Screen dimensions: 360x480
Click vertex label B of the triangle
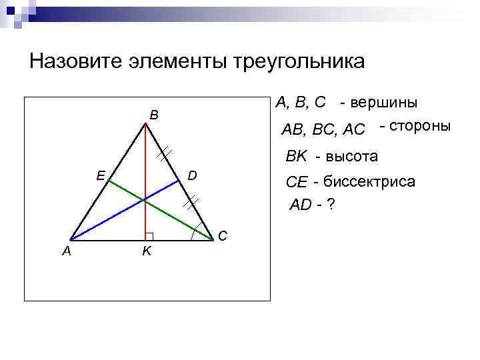point(154,115)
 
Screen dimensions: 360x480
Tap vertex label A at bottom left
point(66,251)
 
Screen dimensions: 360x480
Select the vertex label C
point(223,235)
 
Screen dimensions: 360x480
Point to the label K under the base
point(145,251)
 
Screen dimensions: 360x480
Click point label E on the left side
point(99,175)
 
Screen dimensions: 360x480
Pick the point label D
point(192,175)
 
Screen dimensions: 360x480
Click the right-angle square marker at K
point(149,236)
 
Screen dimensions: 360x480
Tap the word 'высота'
point(347,157)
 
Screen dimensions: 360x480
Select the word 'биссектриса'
point(369,181)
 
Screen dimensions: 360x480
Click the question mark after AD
point(331,205)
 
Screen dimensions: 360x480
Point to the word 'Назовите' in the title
point(74,61)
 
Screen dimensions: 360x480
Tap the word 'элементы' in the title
point(175,61)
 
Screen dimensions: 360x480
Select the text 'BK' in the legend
point(296,157)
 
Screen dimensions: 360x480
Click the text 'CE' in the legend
point(296,182)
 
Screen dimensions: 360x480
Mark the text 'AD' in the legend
point(301,205)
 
